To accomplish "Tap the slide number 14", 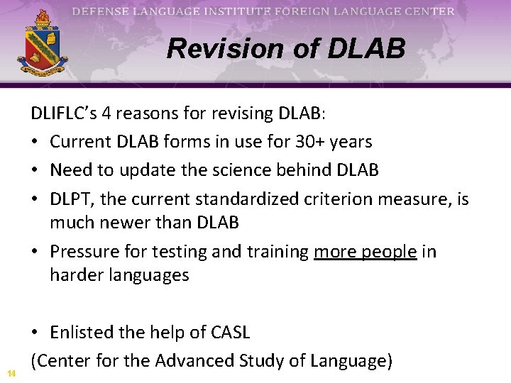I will coord(11,373).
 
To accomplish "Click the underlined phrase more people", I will coord(365,252).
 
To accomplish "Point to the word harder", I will coord(77,274).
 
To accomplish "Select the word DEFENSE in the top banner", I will coord(101,11).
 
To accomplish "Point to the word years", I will coord(348,142).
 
